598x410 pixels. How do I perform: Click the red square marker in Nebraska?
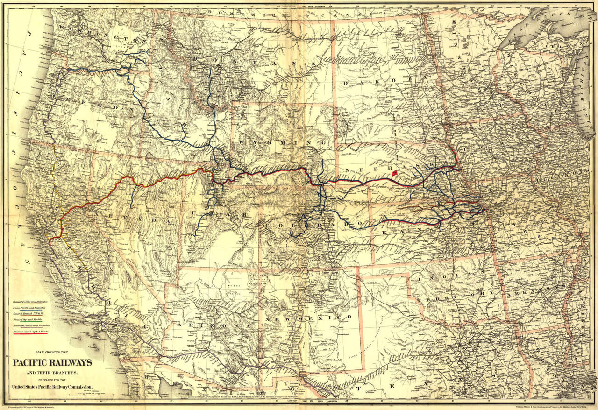[x=395, y=173]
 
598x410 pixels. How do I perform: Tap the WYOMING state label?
[x=274, y=141]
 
